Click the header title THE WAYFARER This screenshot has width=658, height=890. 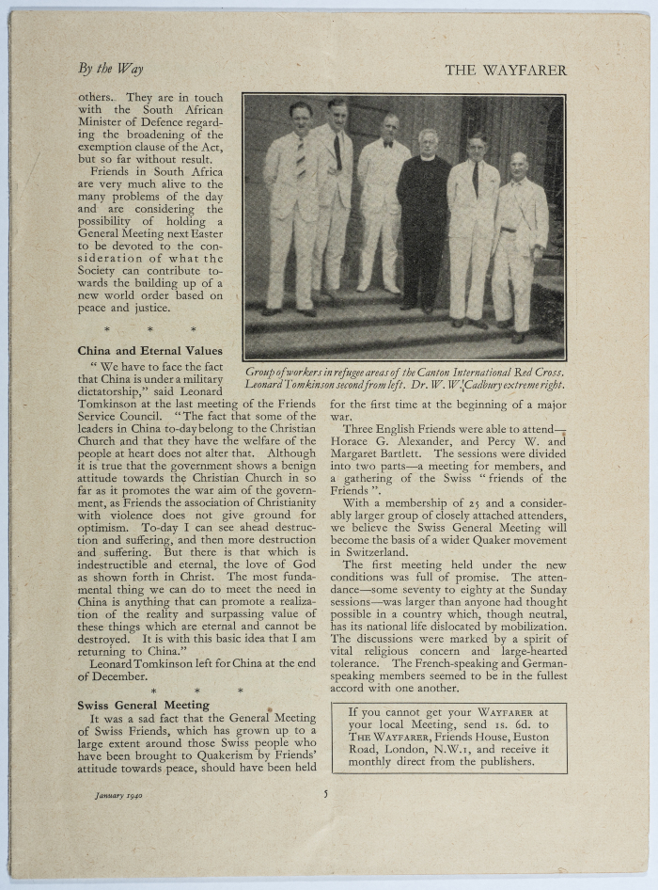pos(506,70)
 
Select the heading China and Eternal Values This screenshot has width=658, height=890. pos(149,351)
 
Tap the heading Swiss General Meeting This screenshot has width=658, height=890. pos(143,704)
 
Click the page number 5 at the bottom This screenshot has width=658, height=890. pos(325,793)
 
